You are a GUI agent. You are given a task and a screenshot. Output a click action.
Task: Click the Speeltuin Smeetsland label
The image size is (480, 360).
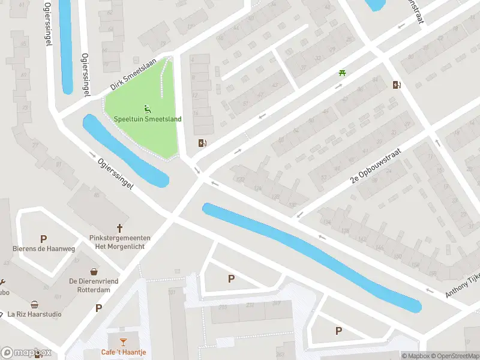pos(148,119)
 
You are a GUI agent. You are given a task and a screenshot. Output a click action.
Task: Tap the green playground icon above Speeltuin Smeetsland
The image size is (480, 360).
pos(148,109)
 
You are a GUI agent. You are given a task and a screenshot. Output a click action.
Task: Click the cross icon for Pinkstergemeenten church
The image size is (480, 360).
pos(119,228)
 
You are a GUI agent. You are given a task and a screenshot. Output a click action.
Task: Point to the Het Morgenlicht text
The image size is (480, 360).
pos(120,247)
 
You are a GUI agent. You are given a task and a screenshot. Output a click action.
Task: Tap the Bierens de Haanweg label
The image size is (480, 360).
pos(44,248)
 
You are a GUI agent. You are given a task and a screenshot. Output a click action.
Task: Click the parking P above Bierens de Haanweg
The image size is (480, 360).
pos(43,239)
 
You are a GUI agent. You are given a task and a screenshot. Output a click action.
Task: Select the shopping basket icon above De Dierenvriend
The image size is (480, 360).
pos(94,271)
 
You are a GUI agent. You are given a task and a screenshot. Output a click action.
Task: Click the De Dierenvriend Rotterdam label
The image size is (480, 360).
pos(94,285)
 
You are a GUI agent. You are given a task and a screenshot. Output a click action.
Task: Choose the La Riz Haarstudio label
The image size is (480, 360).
pos(35,314)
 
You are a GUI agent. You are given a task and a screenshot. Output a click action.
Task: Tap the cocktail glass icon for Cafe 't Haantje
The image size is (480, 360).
pos(123,342)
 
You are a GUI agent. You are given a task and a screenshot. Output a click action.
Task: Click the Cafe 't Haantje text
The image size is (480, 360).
pos(124,352)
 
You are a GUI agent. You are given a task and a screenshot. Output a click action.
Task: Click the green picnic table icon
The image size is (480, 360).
pos(342,73)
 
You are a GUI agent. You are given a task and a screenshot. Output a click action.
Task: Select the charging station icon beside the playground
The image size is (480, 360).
pos(203,143)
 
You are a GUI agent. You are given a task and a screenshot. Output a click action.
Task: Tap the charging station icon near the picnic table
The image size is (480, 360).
pos(396,85)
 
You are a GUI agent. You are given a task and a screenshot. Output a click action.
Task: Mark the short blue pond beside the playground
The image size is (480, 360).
pos(124,151)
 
